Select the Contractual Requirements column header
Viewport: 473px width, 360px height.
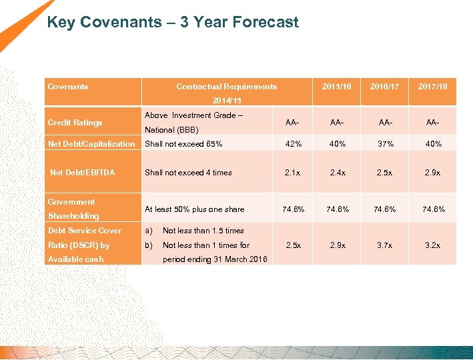pos(226,87)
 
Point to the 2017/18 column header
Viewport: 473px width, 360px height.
pos(432,87)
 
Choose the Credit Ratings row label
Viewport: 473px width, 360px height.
pos(75,123)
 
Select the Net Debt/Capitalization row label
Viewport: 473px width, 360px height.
pos(91,144)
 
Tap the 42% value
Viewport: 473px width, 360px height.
pos(292,144)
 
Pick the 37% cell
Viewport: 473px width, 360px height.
pos(385,144)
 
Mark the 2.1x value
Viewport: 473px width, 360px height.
pos(292,173)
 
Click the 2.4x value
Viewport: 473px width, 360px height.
pos(338,173)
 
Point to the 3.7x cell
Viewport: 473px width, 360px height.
pos(385,245)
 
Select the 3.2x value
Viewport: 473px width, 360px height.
pos(432,245)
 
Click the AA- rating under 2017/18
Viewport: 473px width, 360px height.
pos(432,123)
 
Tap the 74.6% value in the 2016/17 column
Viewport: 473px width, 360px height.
pos(385,209)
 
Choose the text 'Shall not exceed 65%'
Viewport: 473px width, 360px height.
pos(183,144)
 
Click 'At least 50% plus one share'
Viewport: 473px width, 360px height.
pos(195,209)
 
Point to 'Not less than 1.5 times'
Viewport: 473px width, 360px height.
pos(203,231)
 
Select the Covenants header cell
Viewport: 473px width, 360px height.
pos(68,87)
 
